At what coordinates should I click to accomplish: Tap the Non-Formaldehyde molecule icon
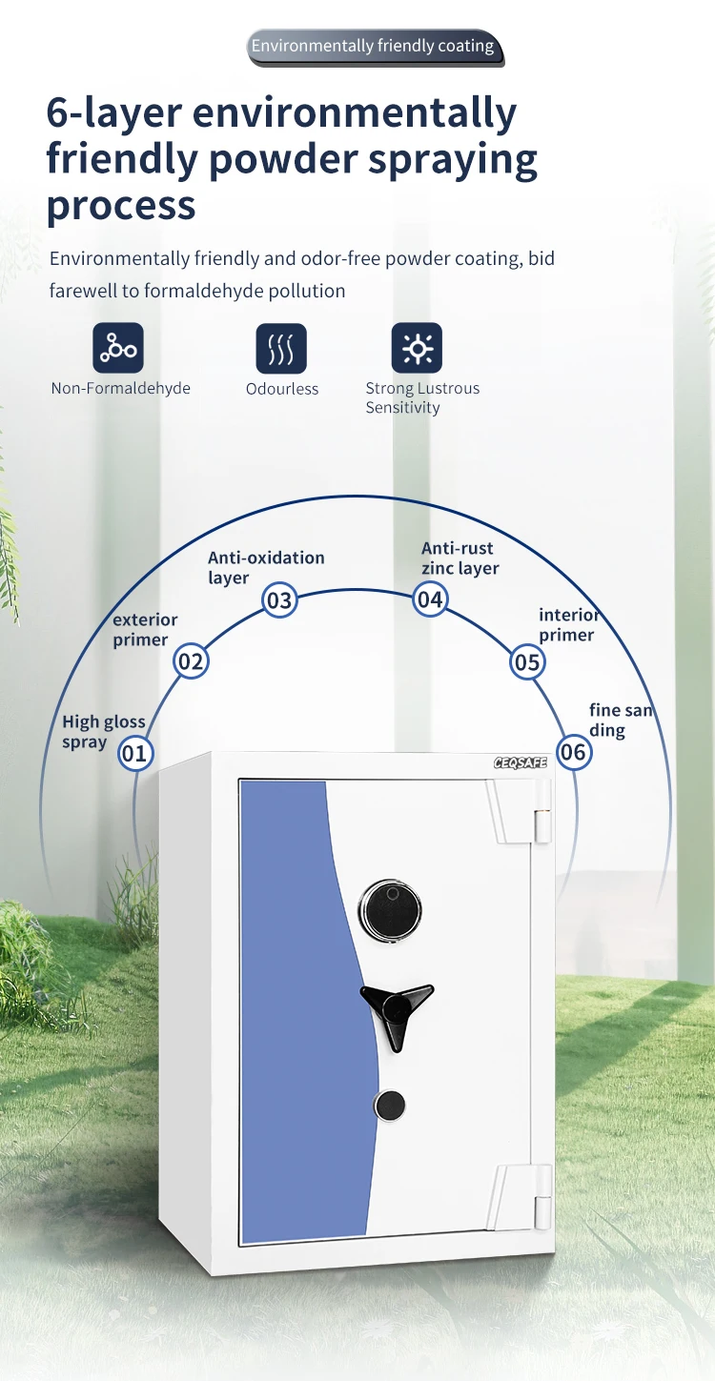coord(118,348)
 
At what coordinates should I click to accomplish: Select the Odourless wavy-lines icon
coord(281,348)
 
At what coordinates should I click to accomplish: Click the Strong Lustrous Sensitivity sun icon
coord(417,348)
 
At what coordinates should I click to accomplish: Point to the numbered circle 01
coord(135,754)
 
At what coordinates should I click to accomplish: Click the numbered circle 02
coord(191,661)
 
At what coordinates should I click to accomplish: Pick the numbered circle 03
coord(279,600)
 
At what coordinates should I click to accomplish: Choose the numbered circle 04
coord(430,599)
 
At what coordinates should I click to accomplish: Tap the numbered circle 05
coord(527,661)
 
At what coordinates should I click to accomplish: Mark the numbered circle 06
coord(574,752)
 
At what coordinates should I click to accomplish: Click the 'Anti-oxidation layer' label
coord(266,567)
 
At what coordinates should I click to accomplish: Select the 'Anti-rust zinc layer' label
coord(460,558)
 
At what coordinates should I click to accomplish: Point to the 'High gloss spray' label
coord(103,732)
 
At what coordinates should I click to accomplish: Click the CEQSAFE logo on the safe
coord(521,763)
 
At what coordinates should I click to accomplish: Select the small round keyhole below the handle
coord(389,1106)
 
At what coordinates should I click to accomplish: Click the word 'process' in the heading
coord(121,205)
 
